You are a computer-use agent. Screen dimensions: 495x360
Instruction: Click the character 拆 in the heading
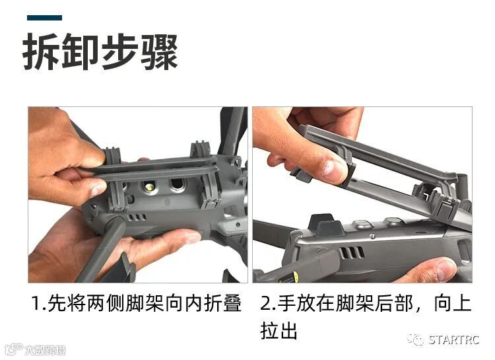tap(42, 52)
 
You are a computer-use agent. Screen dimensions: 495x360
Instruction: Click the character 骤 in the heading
tap(159, 52)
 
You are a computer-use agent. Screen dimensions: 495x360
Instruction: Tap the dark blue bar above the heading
tap(44, 18)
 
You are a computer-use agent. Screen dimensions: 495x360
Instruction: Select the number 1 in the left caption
tap(36, 303)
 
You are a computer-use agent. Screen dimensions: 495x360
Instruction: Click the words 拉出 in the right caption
tap(279, 330)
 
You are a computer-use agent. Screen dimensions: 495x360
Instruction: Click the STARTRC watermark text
tap(454, 340)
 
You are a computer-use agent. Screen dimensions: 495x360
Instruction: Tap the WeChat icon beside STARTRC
tap(415, 340)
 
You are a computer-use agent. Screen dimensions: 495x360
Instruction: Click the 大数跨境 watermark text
tap(45, 350)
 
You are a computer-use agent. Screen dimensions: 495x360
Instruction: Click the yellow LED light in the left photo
tap(149, 186)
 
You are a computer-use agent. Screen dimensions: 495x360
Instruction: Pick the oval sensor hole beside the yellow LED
tap(177, 185)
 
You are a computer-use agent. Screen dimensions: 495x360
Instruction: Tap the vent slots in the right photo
tap(352, 252)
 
